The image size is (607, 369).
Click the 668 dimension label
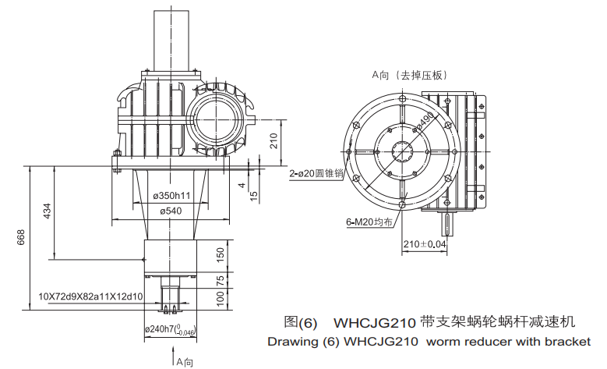pos(21,236)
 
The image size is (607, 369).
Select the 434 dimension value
pos(47,211)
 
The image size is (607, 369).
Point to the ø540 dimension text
pos(171,211)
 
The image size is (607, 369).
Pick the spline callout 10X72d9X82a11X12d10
pos(90,296)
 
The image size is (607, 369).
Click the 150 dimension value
pos(221,254)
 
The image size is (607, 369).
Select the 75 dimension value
pos(221,280)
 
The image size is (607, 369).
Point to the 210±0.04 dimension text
pos(426,245)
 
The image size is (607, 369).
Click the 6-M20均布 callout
pos(369,222)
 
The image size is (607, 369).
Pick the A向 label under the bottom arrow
pos(184,362)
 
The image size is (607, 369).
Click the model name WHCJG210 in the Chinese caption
pos(374,322)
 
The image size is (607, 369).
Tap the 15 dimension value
pos(253,196)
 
